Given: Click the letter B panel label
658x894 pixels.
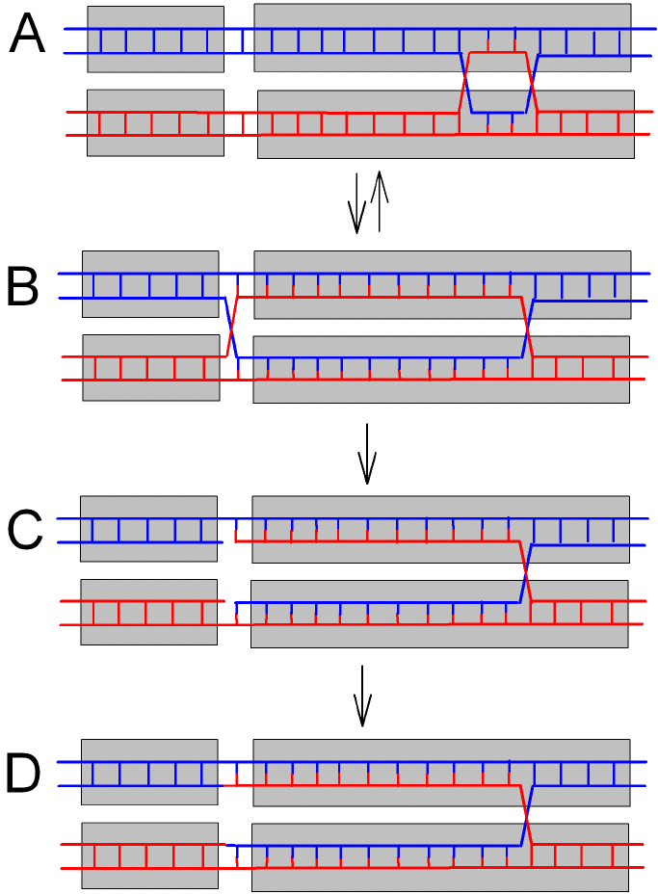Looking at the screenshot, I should click(24, 287).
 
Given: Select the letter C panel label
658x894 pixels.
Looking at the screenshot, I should click(24, 529).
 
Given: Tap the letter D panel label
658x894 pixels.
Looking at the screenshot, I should click(25, 774).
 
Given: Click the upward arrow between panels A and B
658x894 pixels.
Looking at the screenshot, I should click(380, 201).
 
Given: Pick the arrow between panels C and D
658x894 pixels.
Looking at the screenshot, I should click(362, 695).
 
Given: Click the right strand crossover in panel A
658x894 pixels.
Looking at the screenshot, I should click(532, 83).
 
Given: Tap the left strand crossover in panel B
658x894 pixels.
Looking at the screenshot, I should click(231, 328).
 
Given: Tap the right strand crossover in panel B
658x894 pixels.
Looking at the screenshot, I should click(527, 328).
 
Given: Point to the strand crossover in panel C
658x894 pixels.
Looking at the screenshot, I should click(526, 573).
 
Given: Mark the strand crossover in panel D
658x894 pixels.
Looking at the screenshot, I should click(526, 817).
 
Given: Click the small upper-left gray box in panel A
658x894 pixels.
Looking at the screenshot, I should click(155, 39).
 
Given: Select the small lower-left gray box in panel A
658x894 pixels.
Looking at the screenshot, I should click(155, 122).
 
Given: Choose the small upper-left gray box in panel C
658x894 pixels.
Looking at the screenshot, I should click(148, 529).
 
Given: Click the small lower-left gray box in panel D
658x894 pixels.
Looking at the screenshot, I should click(149, 855).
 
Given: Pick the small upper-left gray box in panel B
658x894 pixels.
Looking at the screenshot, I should click(150, 283).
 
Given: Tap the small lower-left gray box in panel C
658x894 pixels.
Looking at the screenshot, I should click(148, 612).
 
